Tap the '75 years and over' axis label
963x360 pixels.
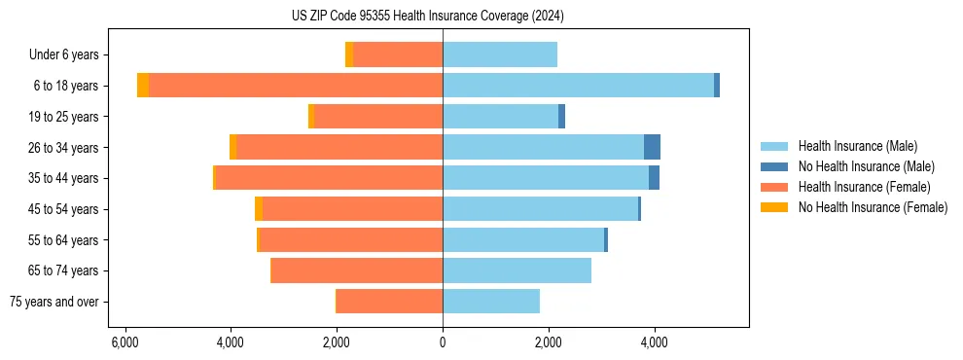[x=53, y=302]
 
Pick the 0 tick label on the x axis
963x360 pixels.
[x=443, y=342]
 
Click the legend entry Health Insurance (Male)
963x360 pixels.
[x=857, y=146]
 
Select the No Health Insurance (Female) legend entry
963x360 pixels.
[x=873, y=207]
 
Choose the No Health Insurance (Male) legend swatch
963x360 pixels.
[x=774, y=166]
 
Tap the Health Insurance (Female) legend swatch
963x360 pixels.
[x=774, y=187]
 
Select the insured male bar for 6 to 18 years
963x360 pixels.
[x=578, y=86]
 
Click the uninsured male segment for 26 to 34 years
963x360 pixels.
[x=652, y=147]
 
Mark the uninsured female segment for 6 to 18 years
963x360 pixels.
[x=143, y=86]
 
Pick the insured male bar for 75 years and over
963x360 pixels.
[x=491, y=302]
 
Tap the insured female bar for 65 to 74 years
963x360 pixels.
[x=357, y=270]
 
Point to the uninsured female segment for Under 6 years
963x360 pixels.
[x=349, y=54]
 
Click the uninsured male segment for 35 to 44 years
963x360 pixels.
[x=654, y=178]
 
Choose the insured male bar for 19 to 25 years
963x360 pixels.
[x=500, y=117]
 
